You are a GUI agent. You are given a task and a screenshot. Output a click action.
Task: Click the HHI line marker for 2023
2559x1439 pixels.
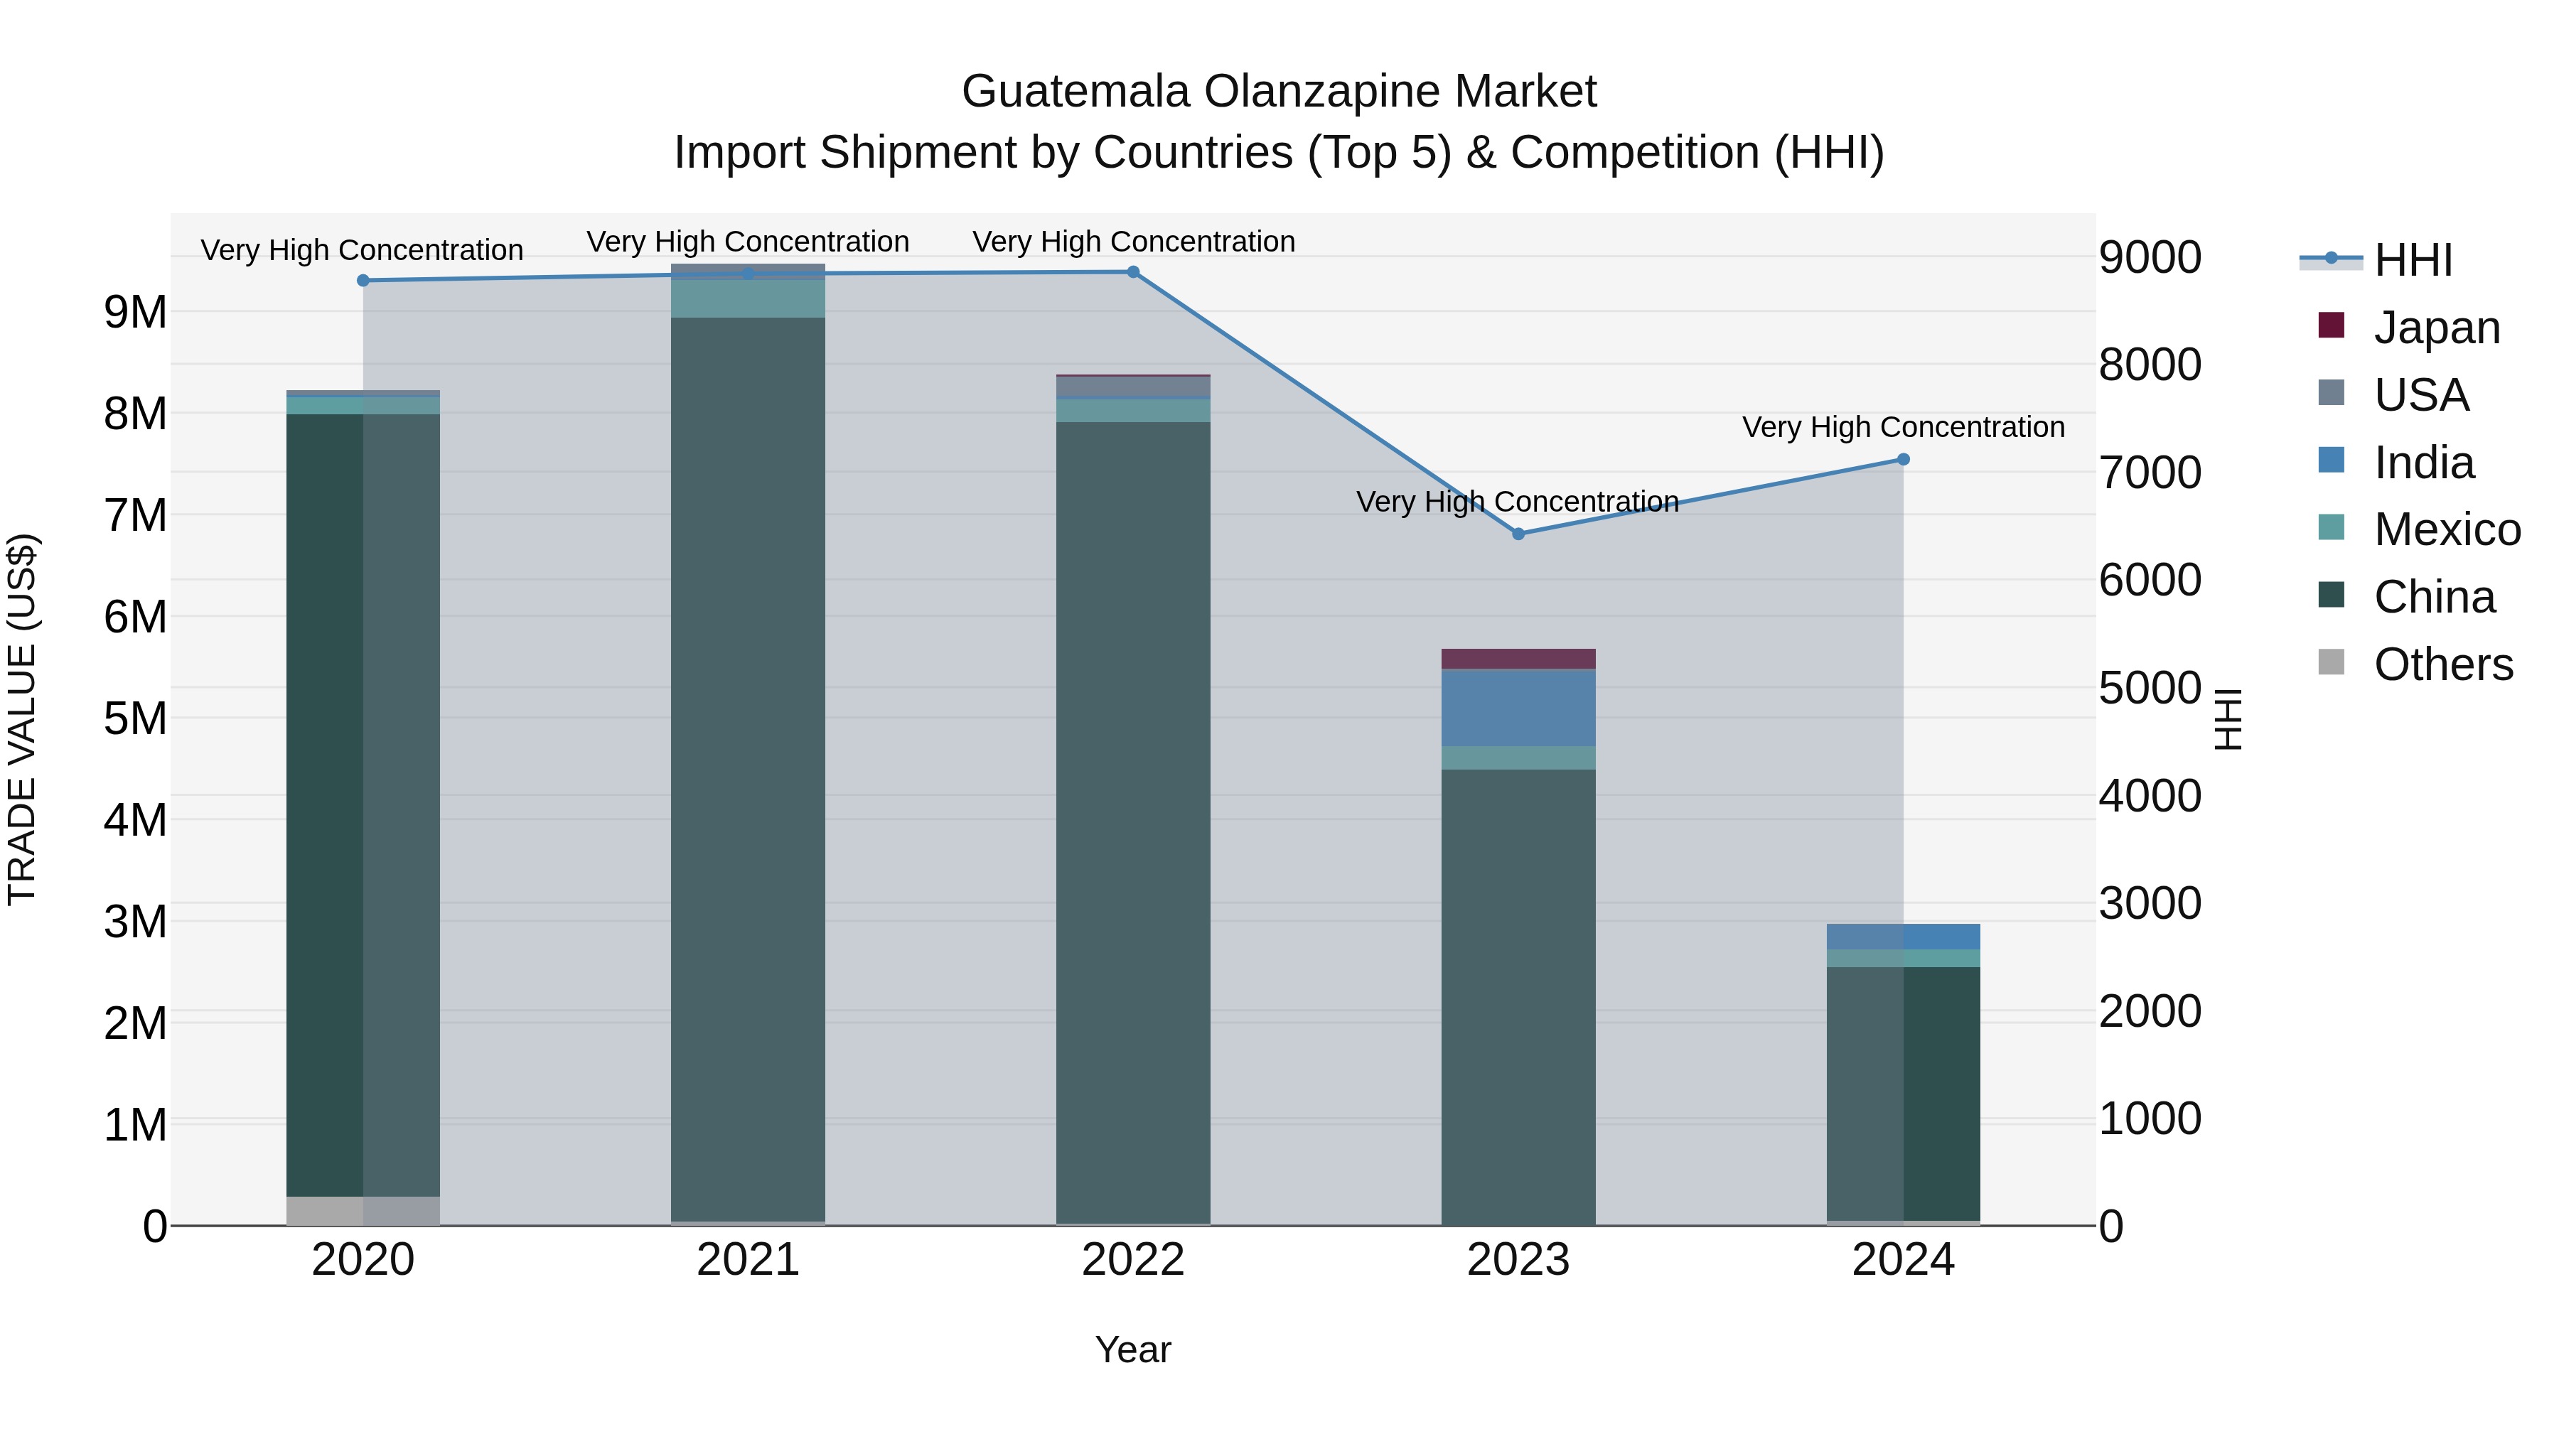click(1518, 534)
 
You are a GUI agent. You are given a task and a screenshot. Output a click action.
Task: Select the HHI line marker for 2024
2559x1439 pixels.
click(1904, 460)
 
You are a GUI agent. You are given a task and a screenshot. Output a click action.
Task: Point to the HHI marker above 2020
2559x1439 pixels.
click(363, 281)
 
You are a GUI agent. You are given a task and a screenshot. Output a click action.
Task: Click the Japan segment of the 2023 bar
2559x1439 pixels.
click(1518, 659)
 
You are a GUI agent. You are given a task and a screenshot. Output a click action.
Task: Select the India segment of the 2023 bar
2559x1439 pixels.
click(1518, 708)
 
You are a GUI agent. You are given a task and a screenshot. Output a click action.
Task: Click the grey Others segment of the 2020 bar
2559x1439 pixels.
click(363, 1211)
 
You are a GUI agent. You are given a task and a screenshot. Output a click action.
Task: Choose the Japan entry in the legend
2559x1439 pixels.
click(2436, 328)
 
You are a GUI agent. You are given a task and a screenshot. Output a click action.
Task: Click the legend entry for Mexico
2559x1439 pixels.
click(2446, 529)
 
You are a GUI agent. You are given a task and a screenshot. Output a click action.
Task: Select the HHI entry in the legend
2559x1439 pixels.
click(2412, 260)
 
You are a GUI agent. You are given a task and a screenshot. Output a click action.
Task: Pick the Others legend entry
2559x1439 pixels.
click(2442, 664)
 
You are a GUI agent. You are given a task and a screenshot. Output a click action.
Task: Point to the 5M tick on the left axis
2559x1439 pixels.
click(136, 718)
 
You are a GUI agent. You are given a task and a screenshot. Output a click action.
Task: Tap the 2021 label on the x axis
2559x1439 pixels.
click(748, 1260)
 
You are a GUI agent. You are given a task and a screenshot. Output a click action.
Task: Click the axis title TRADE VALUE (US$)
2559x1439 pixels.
click(22, 719)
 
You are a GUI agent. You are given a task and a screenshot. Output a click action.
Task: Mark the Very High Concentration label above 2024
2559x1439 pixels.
click(1904, 427)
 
